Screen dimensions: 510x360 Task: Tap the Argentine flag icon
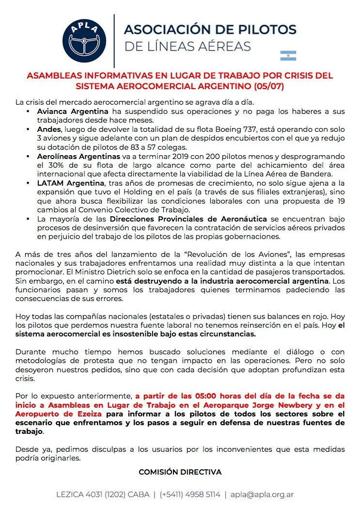point(288,55)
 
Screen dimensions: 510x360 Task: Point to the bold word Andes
point(49,129)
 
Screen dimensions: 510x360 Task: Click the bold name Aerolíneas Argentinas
point(78,157)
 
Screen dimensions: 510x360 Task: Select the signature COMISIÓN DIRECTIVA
point(180,472)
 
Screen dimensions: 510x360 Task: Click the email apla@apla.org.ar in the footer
point(262,495)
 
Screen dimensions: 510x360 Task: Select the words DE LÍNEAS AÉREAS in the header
point(188,47)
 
